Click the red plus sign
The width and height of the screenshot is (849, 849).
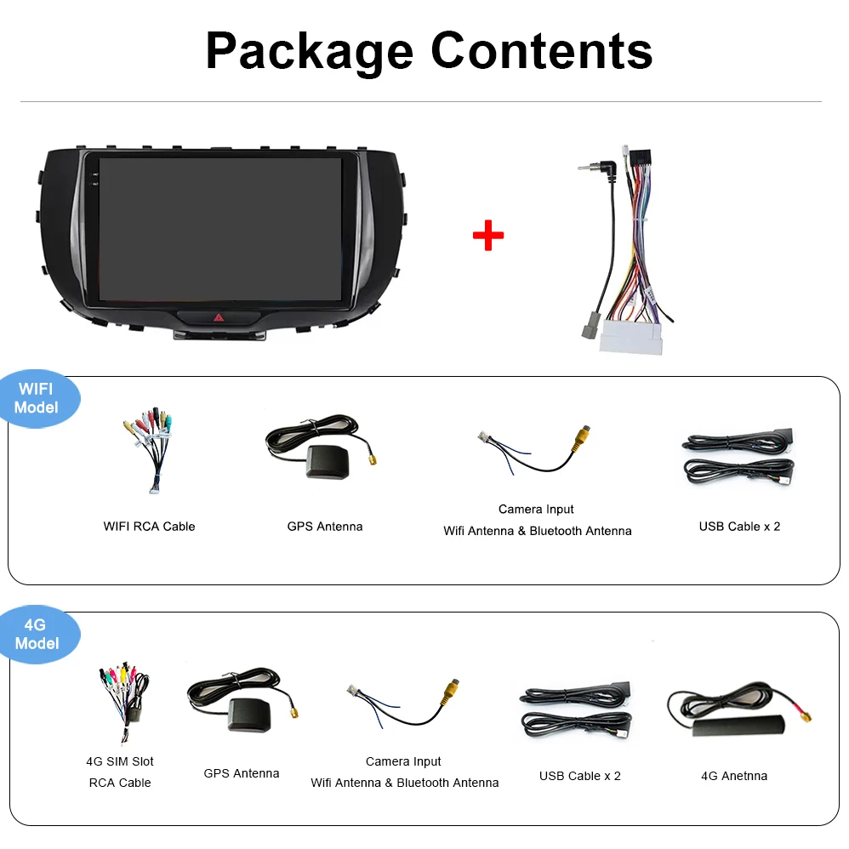pos(487,235)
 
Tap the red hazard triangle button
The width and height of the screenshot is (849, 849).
pos(219,318)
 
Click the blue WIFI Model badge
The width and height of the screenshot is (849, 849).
pos(37,398)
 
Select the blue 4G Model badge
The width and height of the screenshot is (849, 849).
pos(37,635)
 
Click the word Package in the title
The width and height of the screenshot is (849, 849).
pos(309,52)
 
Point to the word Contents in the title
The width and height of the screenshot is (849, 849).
pos(541,51)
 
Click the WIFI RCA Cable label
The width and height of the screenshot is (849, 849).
pos(150,527)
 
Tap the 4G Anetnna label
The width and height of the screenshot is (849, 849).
pos(734,776)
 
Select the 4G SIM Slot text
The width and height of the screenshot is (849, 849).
pos(120,761)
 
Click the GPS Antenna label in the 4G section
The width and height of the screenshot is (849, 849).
pos(242,773)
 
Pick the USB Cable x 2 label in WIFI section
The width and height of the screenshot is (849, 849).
pos(739,527)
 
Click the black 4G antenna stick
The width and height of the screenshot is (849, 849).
pos(738,726)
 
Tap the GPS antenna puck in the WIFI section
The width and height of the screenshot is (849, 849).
pos(328,461)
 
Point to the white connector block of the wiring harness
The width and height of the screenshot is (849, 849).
pos(630,337)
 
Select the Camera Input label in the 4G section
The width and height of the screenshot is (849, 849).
pos(403,761)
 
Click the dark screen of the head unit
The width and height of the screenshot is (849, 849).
pos(219,228)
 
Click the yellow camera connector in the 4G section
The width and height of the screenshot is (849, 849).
pos(451,692)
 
